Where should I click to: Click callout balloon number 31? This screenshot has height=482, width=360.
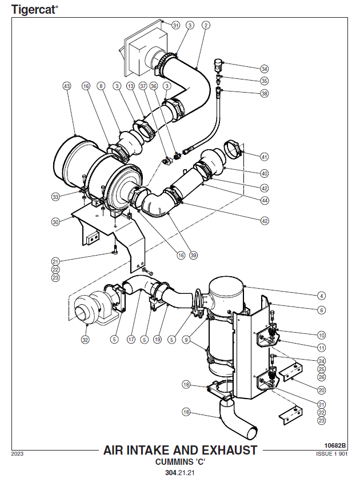click(x=175, y=25)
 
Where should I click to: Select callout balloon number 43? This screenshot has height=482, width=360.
click(x=67, y=86)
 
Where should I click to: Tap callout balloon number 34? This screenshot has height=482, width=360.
click(x=264, y=68)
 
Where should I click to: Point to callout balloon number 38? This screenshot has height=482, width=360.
click(x=264, y=93)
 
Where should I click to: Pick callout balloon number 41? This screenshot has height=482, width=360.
click(x=264, y=157)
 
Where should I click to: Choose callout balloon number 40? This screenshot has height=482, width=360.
click(x=264, y=173)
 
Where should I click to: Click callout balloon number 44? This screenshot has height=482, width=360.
click(x=264, y=200)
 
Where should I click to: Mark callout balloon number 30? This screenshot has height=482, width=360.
click(x=55, y=221)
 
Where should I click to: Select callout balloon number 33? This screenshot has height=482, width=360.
click(x=55, y=197)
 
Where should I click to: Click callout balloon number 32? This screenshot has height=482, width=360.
click(x=86, y=339)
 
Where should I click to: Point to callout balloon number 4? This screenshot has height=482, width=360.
click(x=322, y=296)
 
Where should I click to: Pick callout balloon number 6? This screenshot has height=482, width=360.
click(x=322, y=310)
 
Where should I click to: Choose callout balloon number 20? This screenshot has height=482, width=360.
click(x=322, y=390)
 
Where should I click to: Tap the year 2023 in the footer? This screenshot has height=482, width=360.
click(x=17, y=454)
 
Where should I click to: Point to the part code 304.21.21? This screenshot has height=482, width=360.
click(x=180, y=473)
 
